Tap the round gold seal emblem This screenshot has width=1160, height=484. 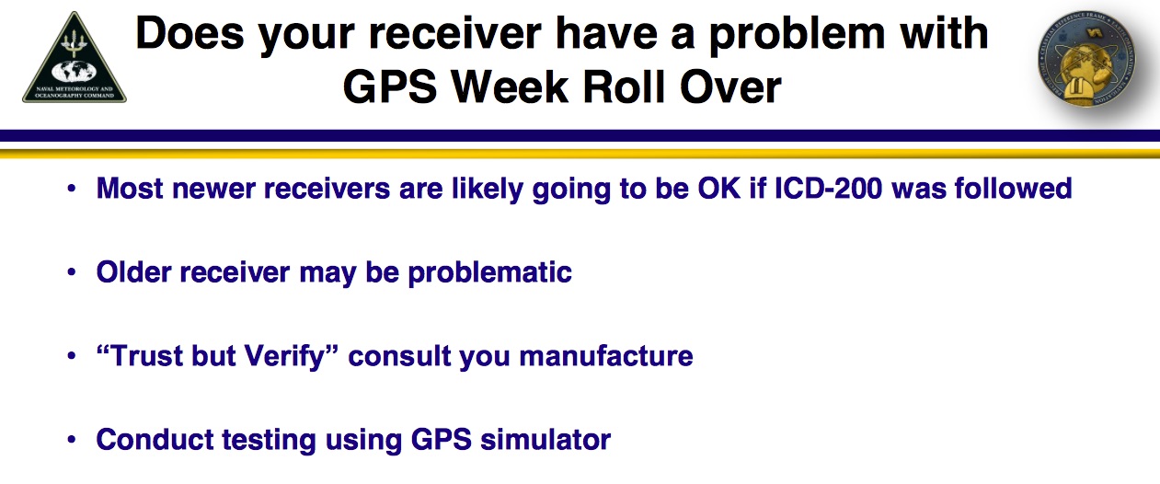point(1085,63)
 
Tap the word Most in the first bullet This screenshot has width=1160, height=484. point(130,189)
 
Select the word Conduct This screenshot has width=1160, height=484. point(147,439)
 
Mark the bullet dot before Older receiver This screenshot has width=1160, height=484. point(72,273)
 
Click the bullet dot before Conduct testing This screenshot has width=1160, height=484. point(72,440)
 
